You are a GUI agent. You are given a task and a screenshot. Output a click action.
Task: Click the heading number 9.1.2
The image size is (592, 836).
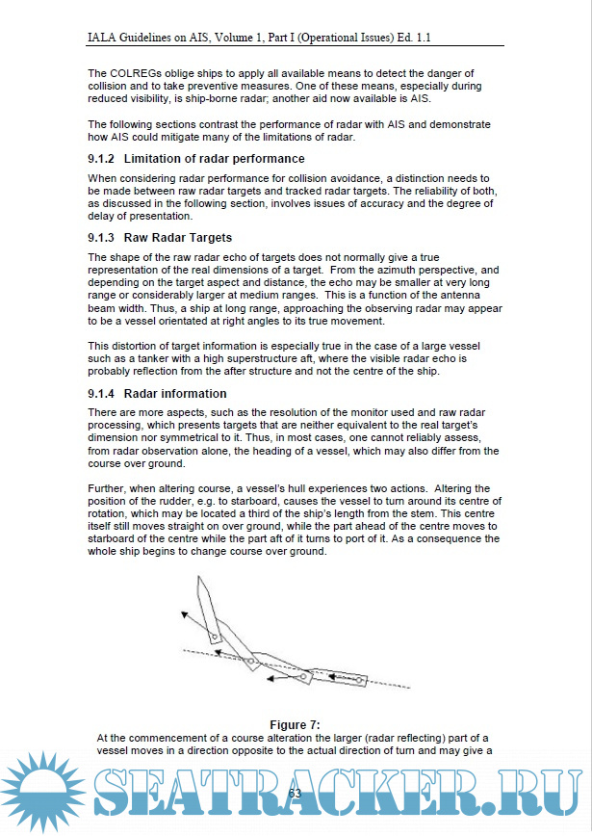tap(100, 158)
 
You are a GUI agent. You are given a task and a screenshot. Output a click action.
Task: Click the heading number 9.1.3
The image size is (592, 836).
tap(100, 237)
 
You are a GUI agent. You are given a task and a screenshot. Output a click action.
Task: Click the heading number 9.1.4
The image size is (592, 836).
tap(100, 394)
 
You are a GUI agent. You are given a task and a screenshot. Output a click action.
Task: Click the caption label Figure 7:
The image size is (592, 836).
tap(295, 724)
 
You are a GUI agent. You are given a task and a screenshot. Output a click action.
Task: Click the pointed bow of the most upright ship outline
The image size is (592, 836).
tap(199, 579)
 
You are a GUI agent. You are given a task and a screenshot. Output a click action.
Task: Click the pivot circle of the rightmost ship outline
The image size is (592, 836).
tap(358, 679)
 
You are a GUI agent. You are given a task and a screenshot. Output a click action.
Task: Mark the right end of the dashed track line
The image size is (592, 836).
tap(412, 688)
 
